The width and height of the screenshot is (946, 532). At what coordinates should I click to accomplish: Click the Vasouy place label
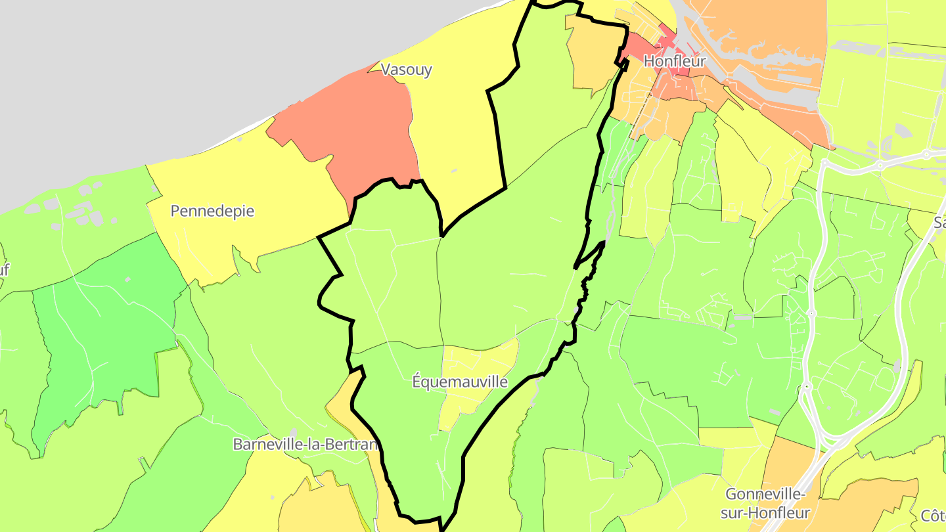[x=407, y=70]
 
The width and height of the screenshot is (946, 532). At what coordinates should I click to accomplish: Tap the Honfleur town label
[x=675, y=61]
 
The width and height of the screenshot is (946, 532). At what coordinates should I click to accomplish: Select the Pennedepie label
[x=212, y=211]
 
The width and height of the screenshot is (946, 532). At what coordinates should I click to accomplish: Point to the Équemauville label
[x=460, y=381]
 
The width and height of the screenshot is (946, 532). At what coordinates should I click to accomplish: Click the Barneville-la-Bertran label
[x=306, y=444]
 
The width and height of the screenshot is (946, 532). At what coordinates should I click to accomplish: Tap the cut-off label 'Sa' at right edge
[x=939, y=223]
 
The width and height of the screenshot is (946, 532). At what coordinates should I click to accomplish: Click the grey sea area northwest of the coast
[x=131, y=79]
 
